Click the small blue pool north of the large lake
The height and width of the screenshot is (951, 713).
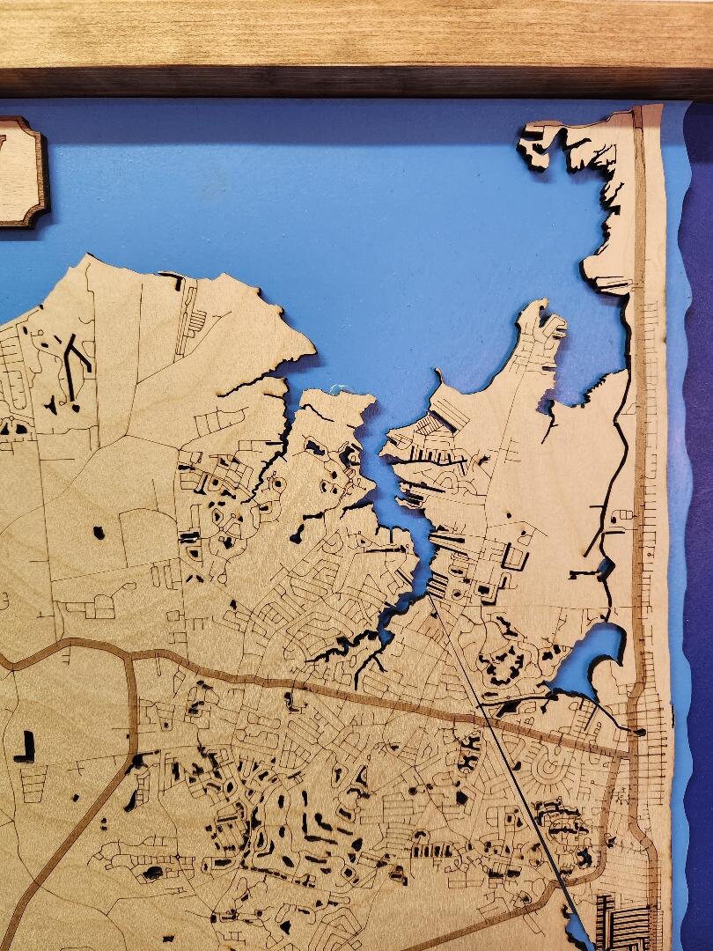click(x=606, y=569)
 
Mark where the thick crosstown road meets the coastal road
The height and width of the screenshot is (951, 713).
click(x=627, y=755)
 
